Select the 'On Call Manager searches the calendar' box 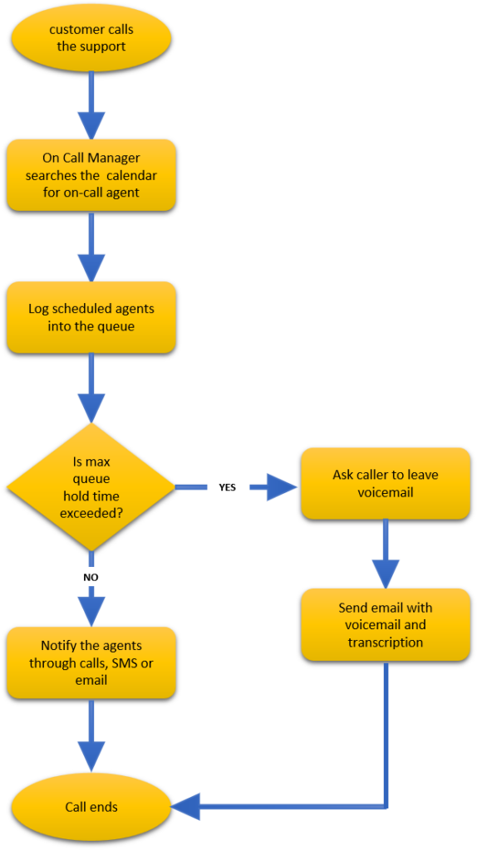point(91,175)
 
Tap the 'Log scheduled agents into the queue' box point(91,318)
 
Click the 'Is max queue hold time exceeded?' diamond point(91,487)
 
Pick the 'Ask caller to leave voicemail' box point(386,484)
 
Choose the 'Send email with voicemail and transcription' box point(386,624)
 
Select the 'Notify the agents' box point(91,662)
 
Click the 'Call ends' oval point(91,807)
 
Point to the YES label point(228,487)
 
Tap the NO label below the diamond point(91,578)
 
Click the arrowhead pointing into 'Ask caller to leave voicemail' point(283,487)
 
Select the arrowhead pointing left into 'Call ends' point(185,807)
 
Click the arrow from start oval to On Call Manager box point(91,105)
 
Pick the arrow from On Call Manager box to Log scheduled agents point(91,247)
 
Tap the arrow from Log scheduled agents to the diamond point(91,388)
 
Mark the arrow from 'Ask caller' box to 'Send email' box point(386,554)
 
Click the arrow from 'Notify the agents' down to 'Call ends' point(91,736)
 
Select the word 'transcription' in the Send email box point(386,642)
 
